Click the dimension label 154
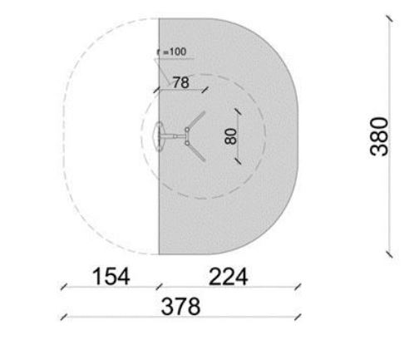(x=111, y=276)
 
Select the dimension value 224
(x=228, y=276)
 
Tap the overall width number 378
(x=180, y=306)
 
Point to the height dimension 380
(x=379, y=136)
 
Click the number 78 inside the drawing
(x=181, y=82)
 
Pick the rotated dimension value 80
(x=231, y=136)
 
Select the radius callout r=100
(x=172, y=52)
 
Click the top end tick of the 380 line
(x=389, y=18)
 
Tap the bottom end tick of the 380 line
(x=389, y=254)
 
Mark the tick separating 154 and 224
(x=160, y=287)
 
